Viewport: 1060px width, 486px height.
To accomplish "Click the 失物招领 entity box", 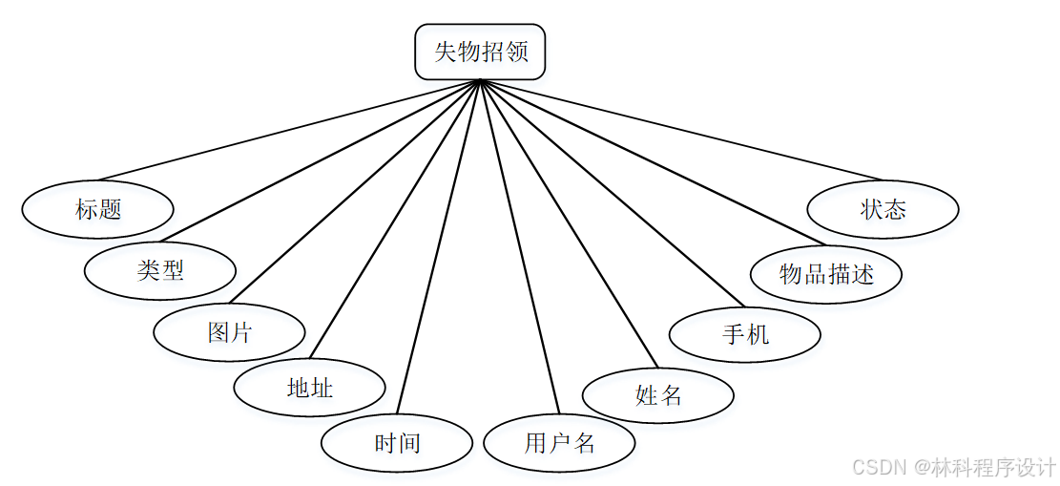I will pyautogui.click(x=480, y=52).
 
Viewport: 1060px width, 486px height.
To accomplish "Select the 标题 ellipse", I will pyautogui.click(x=97, y=209).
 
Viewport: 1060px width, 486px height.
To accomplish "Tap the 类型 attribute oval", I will pyautogui.click(x=159, y=270).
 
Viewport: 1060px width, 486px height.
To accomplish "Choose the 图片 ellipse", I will pyautogui.click(x=229, y=332).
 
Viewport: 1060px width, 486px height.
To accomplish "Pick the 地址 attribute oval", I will pyautogui.click(x=309, y=388).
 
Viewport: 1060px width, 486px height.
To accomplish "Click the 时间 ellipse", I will pyautogui.click(x=397, y=443).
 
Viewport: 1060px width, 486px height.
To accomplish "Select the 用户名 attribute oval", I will pyautogui.click(x=559, y=443).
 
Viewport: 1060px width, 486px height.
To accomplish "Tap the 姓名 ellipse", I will pyautogui.click(x=657, y=393).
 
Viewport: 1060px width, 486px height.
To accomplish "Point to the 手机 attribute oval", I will pyautogui.click(x=745, y=334).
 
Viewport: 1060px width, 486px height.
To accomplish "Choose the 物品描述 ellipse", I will pyautogui.click(x=826, y=274).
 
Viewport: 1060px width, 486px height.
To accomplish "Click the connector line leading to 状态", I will pyautogui.click(x=682, y=131).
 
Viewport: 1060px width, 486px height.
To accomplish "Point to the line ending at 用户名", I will pyautogui.click(x=520, y=248).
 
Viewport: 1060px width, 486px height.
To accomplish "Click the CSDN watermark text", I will pyautogui.click(x=954, y=467).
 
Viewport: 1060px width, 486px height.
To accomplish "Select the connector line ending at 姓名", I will pyautogui.click(x=569, y=224).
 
